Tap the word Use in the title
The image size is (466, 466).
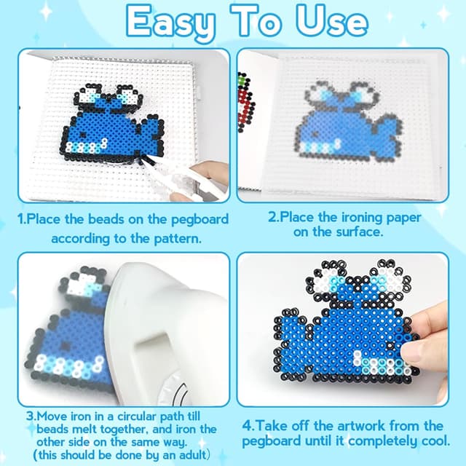[x=332, y=21]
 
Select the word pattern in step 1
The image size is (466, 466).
[x=178, y=239]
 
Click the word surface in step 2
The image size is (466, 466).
[x=359, y=232]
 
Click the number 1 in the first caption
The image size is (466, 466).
[x=20, y=219]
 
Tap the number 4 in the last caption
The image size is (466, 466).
[x=247, y=426]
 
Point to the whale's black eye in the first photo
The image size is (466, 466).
[x=82, y=135]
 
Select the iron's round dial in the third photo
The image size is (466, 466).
[x=175, y=390]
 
